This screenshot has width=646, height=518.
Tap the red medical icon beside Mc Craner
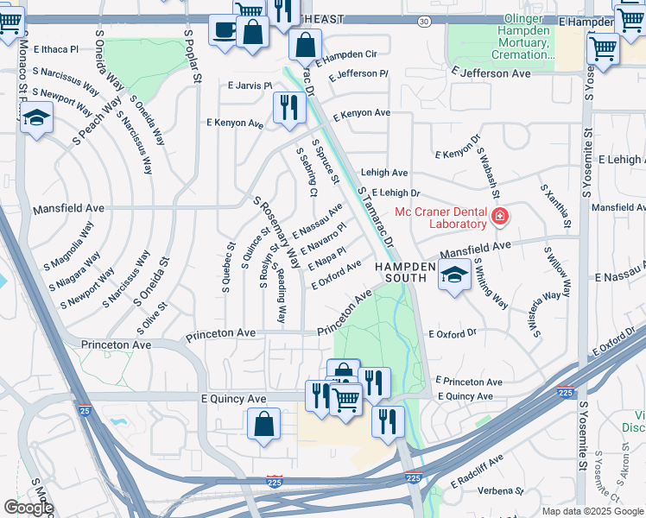[x=499, y=216]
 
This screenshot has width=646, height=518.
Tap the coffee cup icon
[x=225, y=30]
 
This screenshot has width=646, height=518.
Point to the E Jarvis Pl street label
[x=250, y=85]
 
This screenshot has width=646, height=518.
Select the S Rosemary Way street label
[x=276, y=231]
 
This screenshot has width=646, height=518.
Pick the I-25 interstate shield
[x=85, y=414]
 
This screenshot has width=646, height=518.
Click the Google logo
[x=28, y=508]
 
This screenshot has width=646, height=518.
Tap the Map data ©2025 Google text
[x=592, y=511]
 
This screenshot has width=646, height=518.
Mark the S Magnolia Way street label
[x=73, y=243]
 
